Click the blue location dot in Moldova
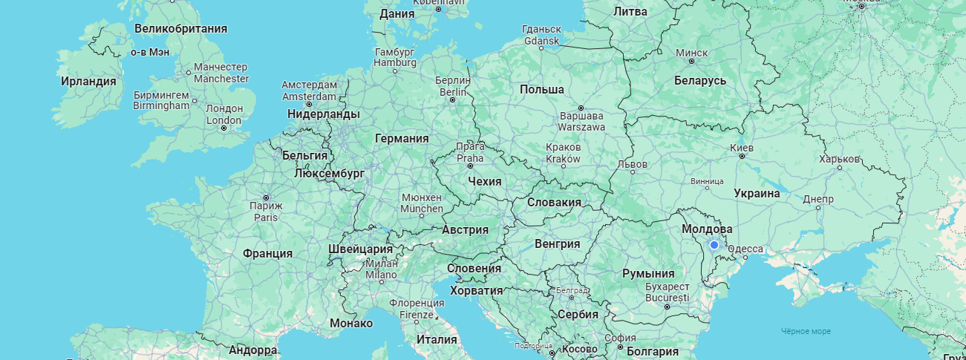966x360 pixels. tap(714, 244)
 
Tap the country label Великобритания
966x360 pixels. tap(180, 28)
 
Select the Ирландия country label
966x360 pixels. tap(88, 81)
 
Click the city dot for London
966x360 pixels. tap(223, 128)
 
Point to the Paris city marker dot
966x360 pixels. tap(266, 197)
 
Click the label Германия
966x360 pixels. tap(402, 138)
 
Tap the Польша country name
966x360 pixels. tap(541, 89)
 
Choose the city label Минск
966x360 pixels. tap(692, 53)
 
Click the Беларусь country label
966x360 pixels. tap(699, 80)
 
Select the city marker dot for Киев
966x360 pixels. tap(741, 156)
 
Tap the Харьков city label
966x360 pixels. tap(840, 159)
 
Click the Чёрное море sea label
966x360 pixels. tap(806, 331)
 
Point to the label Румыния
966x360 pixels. tap(648, 273)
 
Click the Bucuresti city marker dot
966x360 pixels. tap(667, 307)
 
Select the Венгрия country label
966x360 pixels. tap(557, 243)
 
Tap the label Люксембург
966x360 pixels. tap(329, 173)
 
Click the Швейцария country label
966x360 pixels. tap(360, 249)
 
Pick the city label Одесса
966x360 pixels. tap(745, 249)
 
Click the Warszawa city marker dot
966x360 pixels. tap(581, 108)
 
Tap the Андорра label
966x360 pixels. tap(252, 350)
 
